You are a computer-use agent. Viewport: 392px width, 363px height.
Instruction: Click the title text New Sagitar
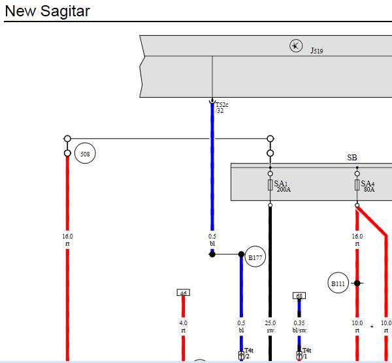[x=47, y=11]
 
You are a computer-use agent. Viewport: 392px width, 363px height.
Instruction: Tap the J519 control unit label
[x=317, y=51]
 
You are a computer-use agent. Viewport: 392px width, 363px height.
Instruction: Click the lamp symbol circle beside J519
[x=296, y=46]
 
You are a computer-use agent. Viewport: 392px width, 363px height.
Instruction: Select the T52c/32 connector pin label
[x=221, y=108]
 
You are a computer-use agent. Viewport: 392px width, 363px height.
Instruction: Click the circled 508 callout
[x=85, y=153]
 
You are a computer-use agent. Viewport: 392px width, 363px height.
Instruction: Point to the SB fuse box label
[x=352, y=158]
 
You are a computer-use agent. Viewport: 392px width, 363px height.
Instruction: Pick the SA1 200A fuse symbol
[x=270, y=185]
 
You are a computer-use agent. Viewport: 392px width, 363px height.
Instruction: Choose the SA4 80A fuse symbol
[x=357, y=185]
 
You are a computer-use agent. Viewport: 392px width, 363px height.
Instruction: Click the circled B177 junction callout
[x=255, y=256]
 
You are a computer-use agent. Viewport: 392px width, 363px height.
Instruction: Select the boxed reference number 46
[x=183, y=293]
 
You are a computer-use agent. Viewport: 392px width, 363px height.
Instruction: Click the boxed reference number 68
[x=299, y=296]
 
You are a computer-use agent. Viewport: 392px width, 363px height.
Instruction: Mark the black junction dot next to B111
[x=357, y=283]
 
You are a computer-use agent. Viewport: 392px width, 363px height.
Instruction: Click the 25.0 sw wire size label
[x=270, y=327]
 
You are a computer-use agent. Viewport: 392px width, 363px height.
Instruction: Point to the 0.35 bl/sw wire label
[x=299, y=327]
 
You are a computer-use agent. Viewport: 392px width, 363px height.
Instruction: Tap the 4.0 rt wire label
[x=183, y=327]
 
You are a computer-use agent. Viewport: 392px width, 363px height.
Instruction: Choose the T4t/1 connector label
[x=306, y=353]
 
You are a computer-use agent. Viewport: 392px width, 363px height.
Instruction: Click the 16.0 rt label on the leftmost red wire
[x=67, y=240]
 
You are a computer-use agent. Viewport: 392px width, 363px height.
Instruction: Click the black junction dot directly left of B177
[x=212, y=254]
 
